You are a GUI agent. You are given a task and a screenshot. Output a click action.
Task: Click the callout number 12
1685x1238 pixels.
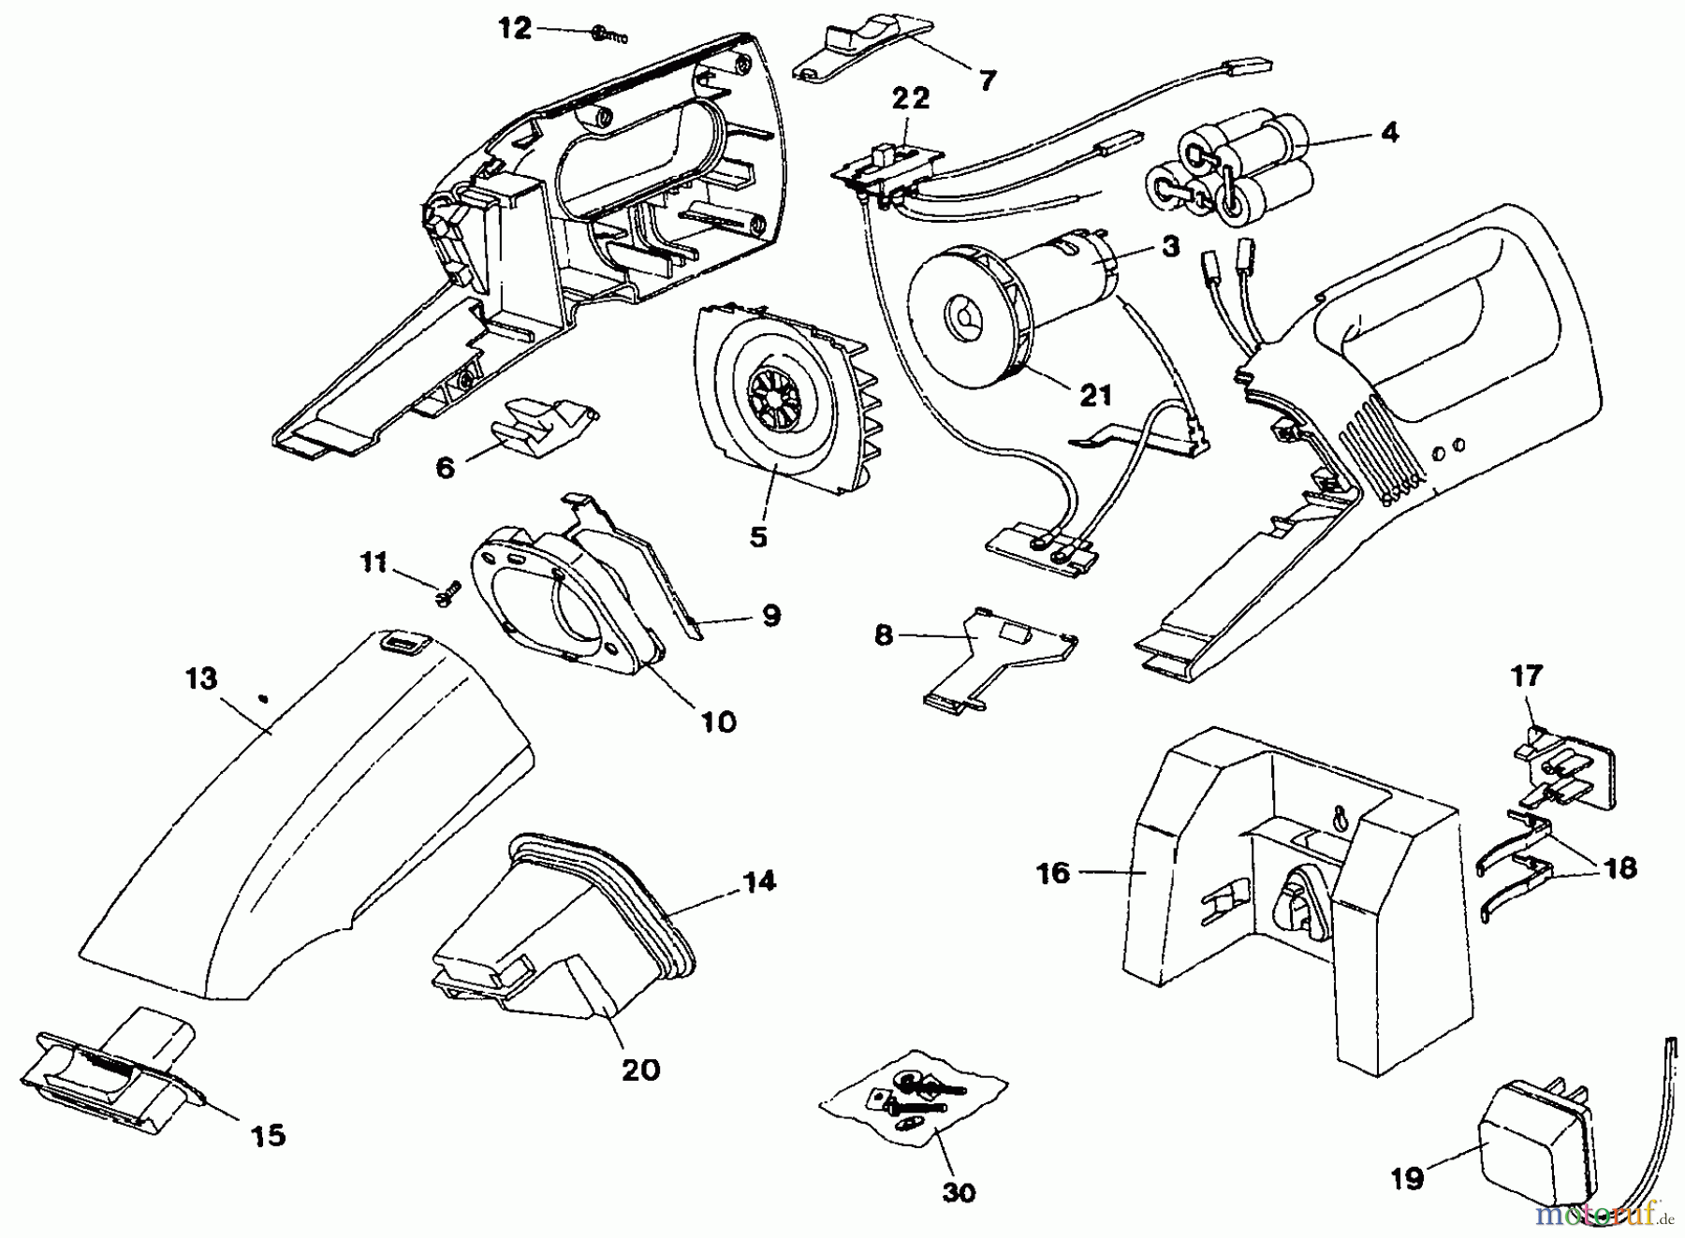[515, 29]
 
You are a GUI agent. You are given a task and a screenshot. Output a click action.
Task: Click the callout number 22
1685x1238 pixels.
[912, 98]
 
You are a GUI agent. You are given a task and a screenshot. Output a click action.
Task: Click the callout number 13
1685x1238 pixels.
[201, 678]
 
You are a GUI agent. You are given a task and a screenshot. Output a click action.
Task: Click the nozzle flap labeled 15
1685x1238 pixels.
[117, 1067]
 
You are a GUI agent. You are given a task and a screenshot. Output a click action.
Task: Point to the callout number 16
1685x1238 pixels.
[1053, 873]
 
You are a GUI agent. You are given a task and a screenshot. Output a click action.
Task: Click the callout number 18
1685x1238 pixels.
[1620, 867]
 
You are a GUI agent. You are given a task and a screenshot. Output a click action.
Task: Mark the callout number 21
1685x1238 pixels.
[1095, 395]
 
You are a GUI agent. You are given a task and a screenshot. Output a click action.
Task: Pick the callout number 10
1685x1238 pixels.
[718, 721]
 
